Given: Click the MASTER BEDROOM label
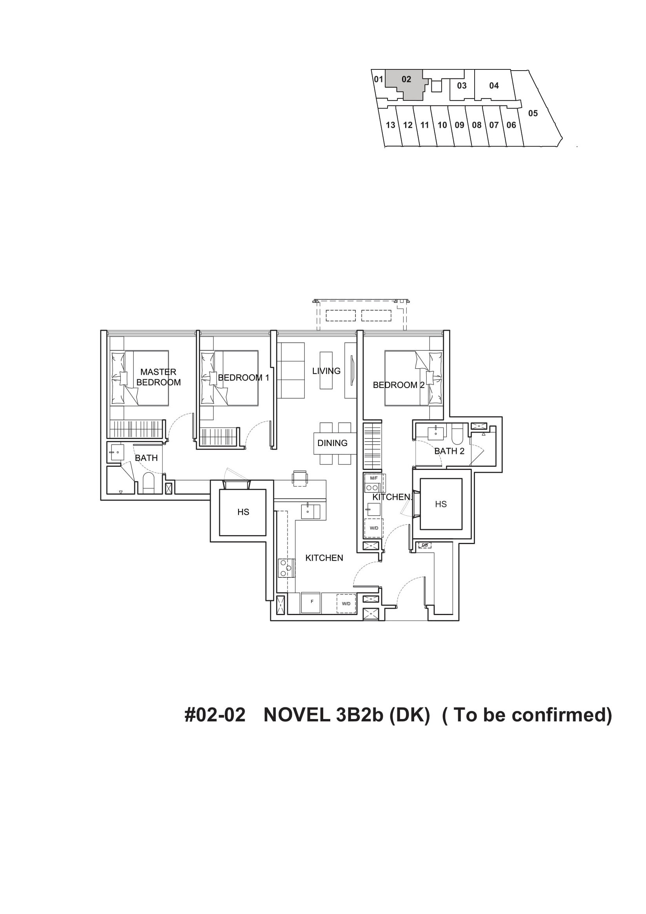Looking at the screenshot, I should click(158, 377).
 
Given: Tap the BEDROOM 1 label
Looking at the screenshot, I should click(244, 377).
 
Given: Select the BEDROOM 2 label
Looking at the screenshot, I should click(399, 385).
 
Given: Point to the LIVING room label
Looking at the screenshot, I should click(326, 371).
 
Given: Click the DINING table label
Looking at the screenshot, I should click(332, 442).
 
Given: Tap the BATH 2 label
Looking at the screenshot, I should click(449, 451).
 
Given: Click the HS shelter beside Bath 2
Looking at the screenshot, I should click(440, 504).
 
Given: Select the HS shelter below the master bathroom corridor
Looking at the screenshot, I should click(243, 512).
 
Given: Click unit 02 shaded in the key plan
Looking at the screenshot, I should click(406, 79).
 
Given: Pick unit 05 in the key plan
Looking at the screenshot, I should click(533, 113).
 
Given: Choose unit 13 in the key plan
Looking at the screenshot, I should click(391, 125).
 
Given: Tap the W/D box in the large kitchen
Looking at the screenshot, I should click(346, 603).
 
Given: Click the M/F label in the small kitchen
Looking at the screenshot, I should click(374, 478).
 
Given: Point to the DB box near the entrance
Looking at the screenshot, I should click(425, 545).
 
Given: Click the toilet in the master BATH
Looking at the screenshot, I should click(148, 483).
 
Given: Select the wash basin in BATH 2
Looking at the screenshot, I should click(435, 433).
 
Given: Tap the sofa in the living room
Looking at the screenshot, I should click(291, 370).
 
